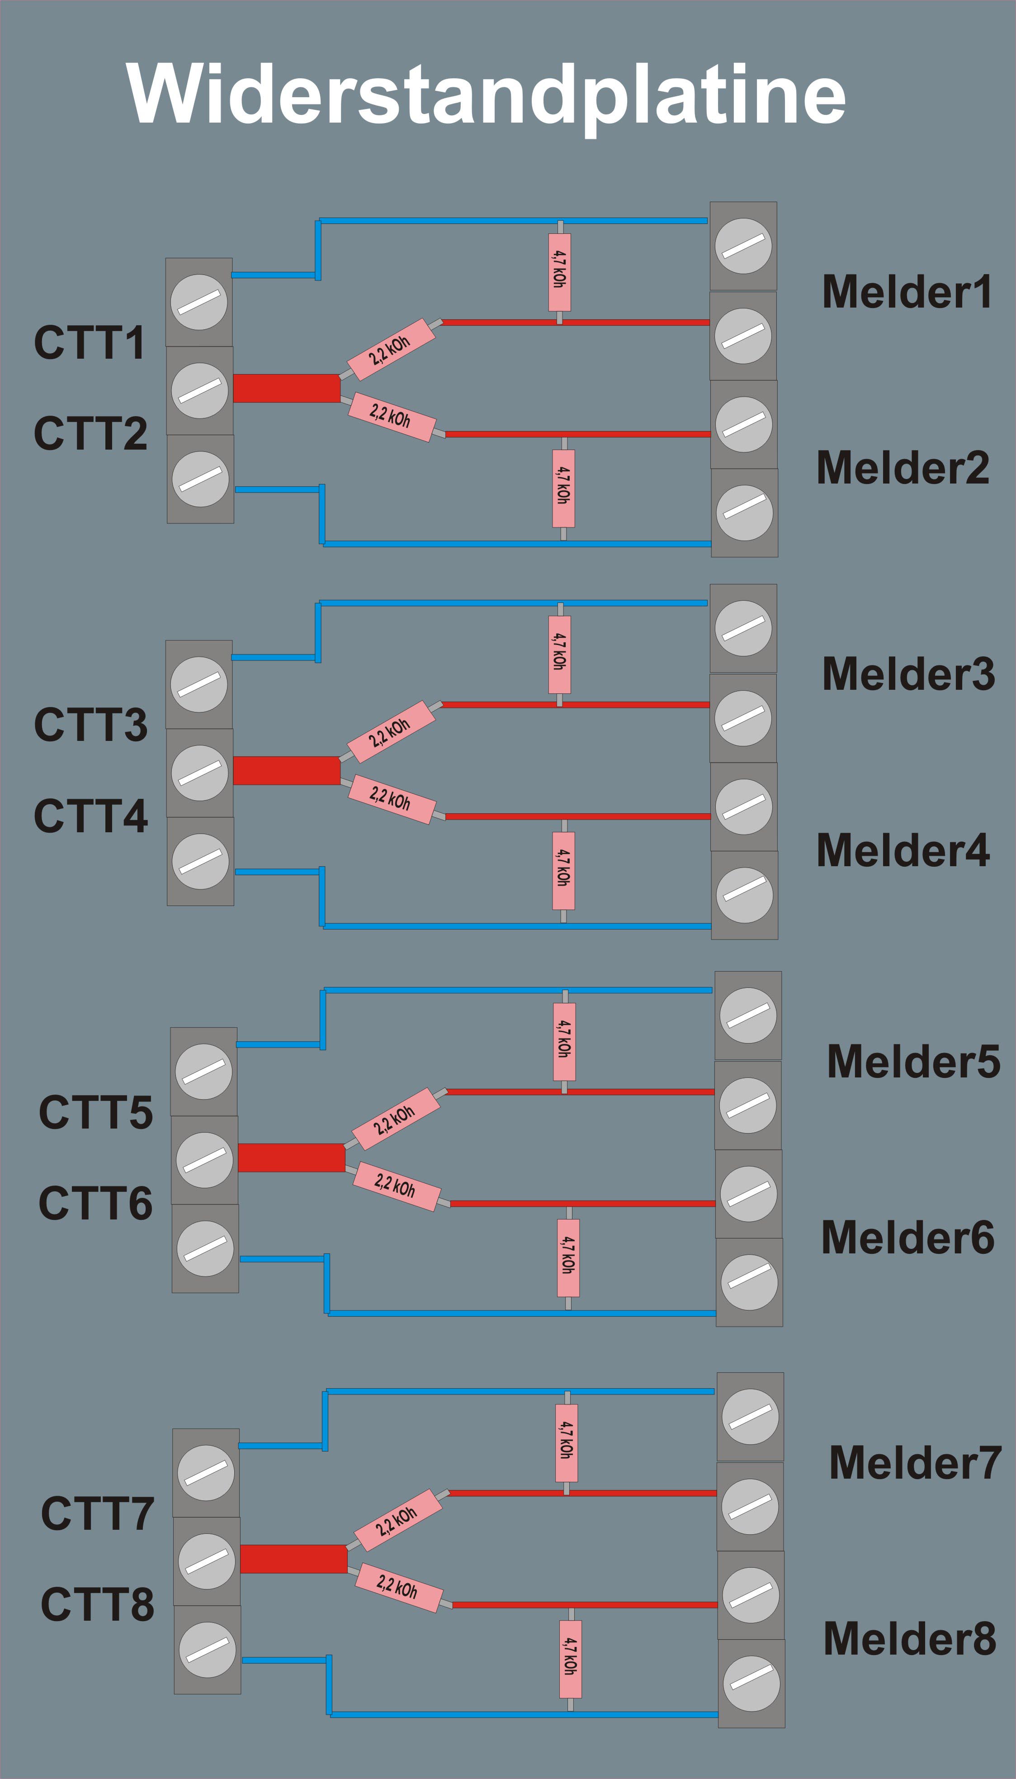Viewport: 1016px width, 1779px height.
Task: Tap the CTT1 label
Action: coord(90,343)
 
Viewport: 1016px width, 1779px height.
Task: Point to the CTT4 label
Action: coord(91,816)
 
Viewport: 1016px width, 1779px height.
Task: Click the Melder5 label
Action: coord(913,1062)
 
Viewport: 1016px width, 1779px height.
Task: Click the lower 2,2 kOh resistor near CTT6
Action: coord(396,1186)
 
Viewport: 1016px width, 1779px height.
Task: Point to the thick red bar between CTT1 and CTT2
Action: coord(286,388)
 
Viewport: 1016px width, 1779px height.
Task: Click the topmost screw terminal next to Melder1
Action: coord(743,247)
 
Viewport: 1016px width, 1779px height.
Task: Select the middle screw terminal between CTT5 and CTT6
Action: coord(204,1159)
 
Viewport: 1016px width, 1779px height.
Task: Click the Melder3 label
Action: coord(908,674)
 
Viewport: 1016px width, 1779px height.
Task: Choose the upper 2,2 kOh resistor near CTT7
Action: coord(398,1522)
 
